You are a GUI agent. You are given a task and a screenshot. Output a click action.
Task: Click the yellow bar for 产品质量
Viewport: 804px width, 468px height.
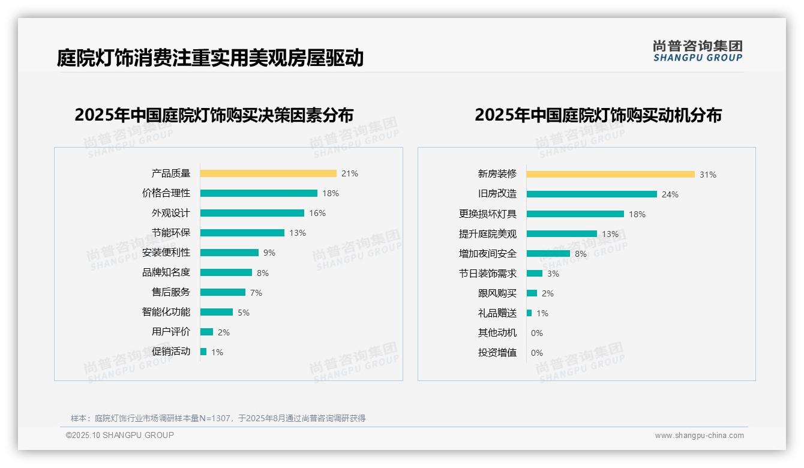pyautogui.click(x=268, y=173)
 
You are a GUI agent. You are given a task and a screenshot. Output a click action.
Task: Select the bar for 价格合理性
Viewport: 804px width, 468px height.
pyautogui.click(x=259, y=193)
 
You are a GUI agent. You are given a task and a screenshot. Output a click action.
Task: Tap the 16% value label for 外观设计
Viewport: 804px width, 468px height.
pyautogui.click(x=317, y=213)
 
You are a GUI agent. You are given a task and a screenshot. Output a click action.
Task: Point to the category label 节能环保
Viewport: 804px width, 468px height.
pyautogui.click(x=171, y=233)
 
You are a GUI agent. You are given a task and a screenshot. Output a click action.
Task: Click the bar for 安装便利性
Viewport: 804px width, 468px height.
pyautogui.click(x=229, y=253)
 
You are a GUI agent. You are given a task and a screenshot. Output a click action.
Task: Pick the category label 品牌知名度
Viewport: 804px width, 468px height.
pyautogui.click(x=166, y=272)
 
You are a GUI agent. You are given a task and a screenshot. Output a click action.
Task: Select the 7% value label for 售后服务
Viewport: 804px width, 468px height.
pyautogui.click(x=256, y=293)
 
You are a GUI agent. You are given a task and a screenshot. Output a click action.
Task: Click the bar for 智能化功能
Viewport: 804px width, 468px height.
pyautogui.click(x=217, y=312)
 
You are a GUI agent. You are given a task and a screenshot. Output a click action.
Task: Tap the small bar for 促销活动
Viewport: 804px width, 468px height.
pyautogui.click(x=203, y=352)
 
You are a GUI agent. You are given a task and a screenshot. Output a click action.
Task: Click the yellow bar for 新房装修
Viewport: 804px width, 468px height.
pyautogui.click(x=611, y=175)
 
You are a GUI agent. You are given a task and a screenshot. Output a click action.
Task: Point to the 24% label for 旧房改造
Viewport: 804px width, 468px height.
pyautogui.click(x=670, y=194)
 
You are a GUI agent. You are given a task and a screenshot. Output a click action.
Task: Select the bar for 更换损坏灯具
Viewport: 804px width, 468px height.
pyautogui.click(x=575, y=214)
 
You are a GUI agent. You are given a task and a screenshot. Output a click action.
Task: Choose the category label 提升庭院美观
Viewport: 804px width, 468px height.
pyautogui.click(x=488, y=234)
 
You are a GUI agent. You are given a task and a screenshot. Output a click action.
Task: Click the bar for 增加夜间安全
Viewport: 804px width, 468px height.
pyautogui.click(x=548, y=254)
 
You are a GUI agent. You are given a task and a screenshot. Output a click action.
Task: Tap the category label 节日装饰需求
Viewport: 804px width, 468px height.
pyautogui.click(x=488, y=274)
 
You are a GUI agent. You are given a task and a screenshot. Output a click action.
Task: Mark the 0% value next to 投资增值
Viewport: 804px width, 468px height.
pyautogui.click(x=537, y=353)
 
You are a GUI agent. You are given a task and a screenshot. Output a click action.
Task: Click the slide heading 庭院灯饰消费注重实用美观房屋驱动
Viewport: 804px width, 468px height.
pyautogui.click(x=210, y=58)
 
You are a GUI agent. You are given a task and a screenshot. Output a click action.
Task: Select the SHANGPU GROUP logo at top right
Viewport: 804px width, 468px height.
pyautogui.click(x=698, y=51)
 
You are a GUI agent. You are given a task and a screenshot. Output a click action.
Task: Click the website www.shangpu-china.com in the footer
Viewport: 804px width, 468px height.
pyautogui.click(x=699, y=436)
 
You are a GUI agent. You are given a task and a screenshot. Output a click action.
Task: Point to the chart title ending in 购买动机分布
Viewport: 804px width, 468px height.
pyautogui.click(x=598, y=115)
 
